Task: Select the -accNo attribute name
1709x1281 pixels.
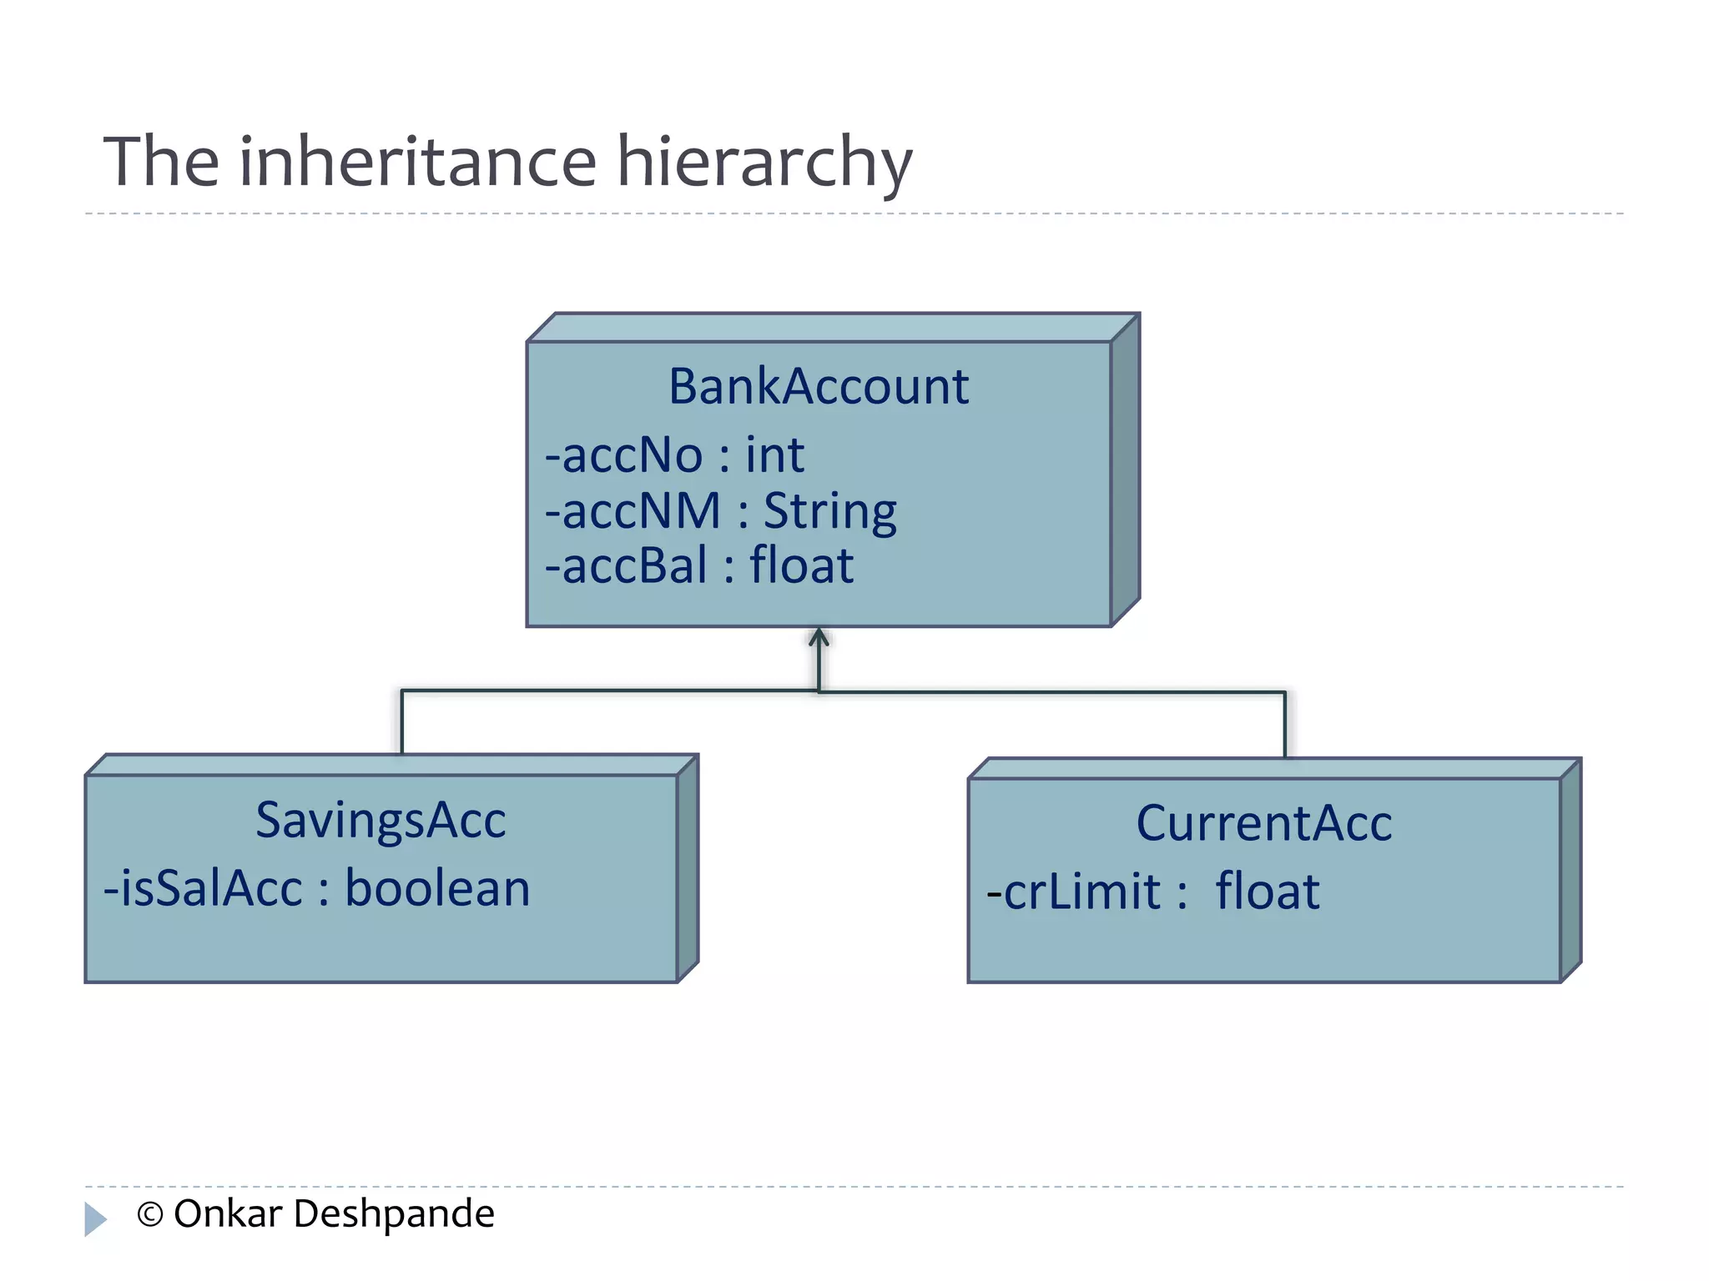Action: [x=624, y=455]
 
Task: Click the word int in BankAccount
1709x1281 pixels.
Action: [x=774, y=455]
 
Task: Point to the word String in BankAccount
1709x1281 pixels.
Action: [x=830, y=512]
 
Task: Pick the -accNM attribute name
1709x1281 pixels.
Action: [x=633, y=510]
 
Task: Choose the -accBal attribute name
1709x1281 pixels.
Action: [x=626, y=565]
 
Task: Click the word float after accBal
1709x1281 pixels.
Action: [x=801, y=565]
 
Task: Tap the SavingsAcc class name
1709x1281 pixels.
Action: [x=381, y=820]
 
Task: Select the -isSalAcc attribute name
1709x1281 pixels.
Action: [x=203, y=888]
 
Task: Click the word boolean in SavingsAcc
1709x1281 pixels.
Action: [x=437, y=888]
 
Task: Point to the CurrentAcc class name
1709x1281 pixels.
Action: [x=1263, y=823]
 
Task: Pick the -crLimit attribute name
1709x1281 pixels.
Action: [x=1073, y=892]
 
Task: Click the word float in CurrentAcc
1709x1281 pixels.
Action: [x=1267, y=892]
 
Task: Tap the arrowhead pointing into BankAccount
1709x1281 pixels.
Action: [x=819, y=638]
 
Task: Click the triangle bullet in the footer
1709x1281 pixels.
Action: [x=95, y=1218]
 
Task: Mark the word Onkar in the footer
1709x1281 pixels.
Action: [x=227, y=1214]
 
